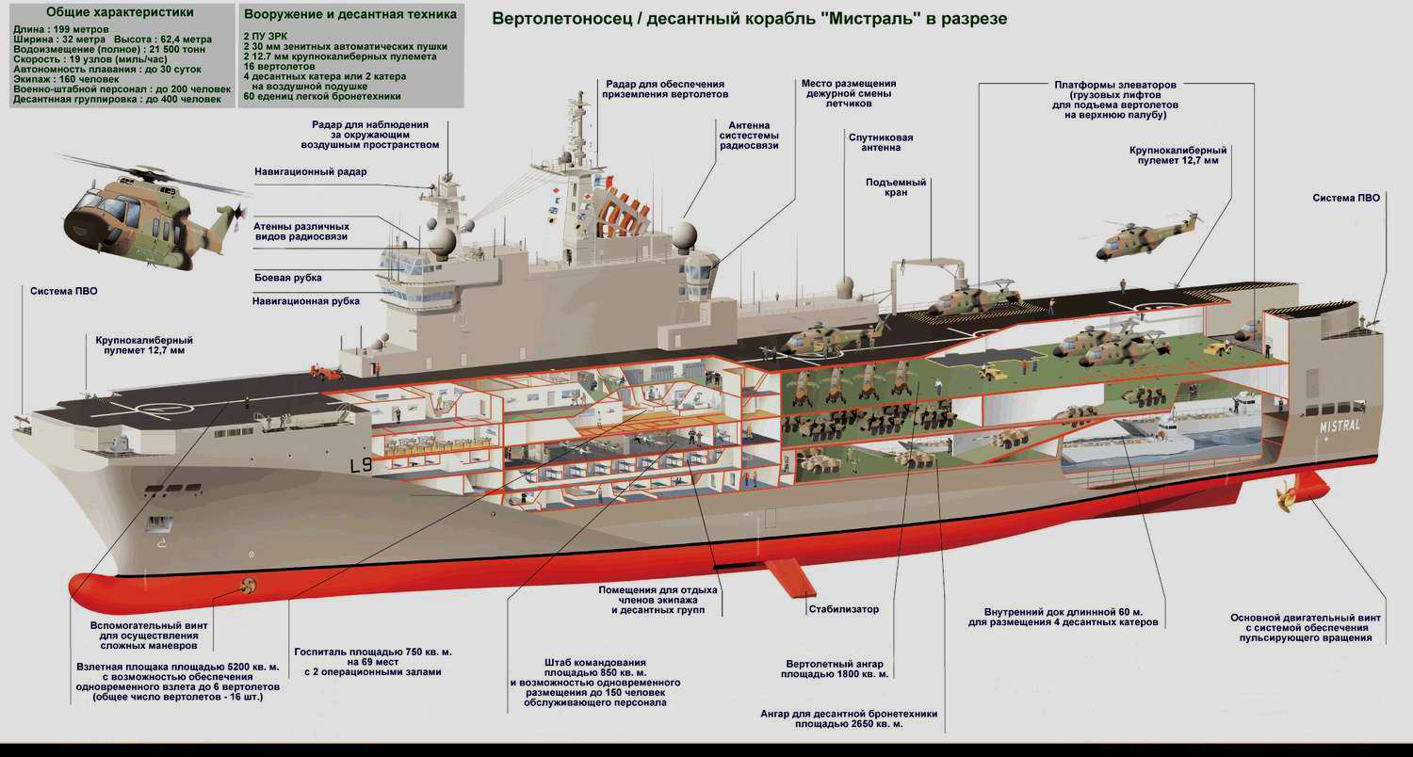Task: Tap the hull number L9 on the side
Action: point(361,465)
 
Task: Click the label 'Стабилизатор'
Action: point(843,609)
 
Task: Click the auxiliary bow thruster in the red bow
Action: point(250,586)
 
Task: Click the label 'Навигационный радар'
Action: point(310,172)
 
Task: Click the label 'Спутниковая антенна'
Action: point(881,143)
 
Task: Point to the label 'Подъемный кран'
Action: point(896,188)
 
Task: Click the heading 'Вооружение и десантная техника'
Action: point(349,15)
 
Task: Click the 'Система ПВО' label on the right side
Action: point(1346,198)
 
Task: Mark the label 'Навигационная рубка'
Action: point(307,301)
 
